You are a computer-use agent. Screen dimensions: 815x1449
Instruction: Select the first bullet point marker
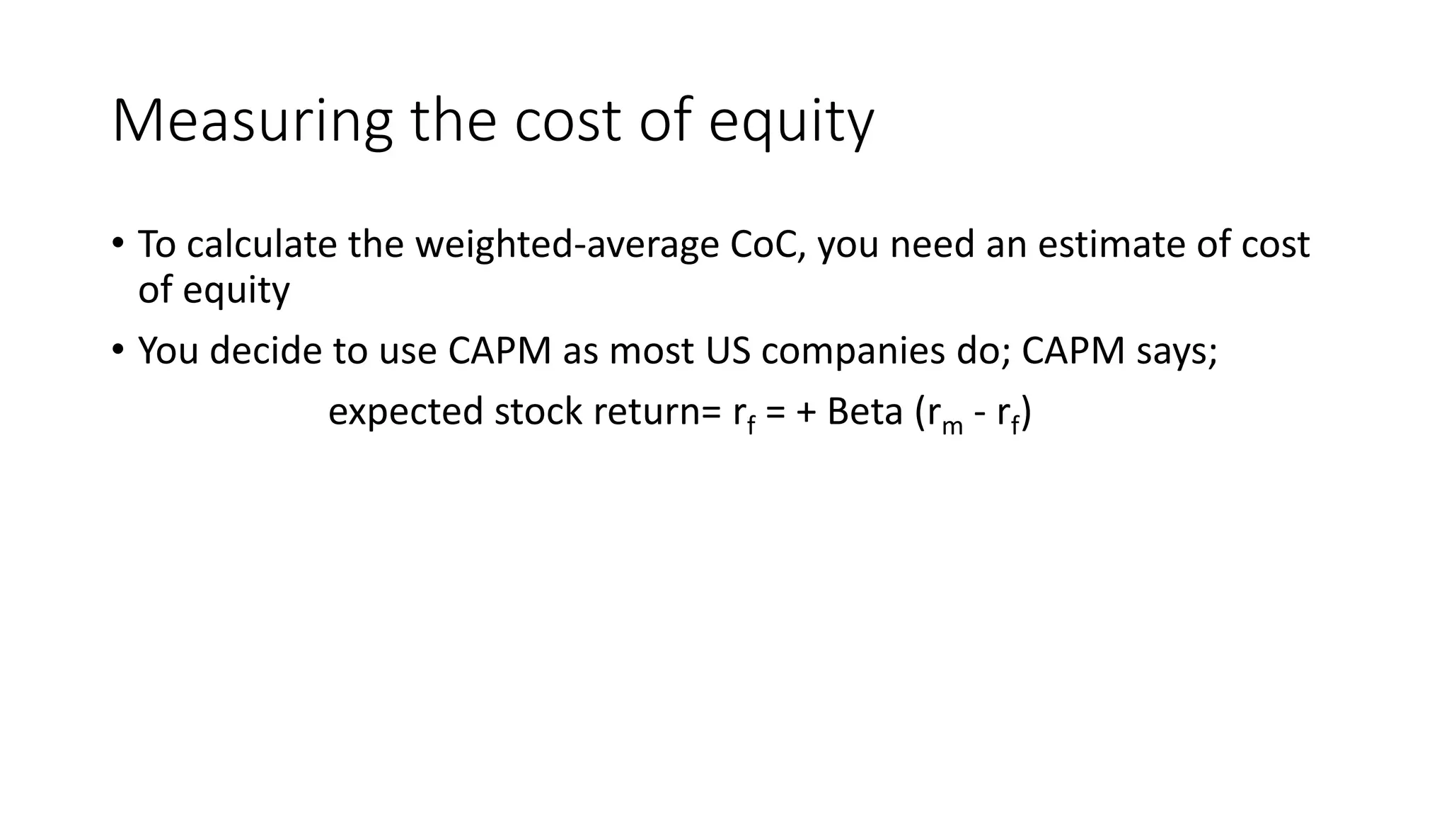click(117, 243)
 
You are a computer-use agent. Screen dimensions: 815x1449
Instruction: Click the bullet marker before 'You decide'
click(117, 349)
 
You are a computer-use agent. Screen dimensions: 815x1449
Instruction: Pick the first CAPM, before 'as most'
click(500, 350)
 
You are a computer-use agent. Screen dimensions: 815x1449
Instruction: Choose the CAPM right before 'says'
click(1073, 350)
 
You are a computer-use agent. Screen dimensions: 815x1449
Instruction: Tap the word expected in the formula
click(405, 412)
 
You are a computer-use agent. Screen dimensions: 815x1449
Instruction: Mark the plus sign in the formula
click(806, 412)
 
